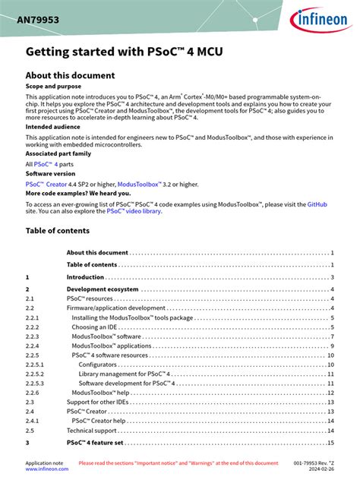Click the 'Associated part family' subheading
pos(61,153)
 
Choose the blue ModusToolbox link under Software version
pos(140,184)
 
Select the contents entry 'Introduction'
pos(85,277)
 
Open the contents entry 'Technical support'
pos(91,431)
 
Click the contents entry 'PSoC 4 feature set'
pos(95,443)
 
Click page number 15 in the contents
pos(330,443)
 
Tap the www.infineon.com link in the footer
pos(46,469)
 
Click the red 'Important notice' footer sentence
pos(178,463)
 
